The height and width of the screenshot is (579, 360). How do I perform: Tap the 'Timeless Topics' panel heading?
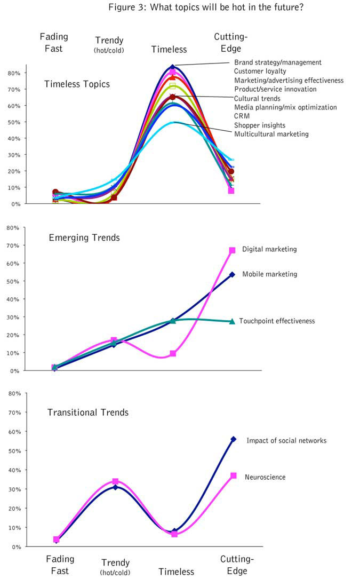pyautogui.click(x=77, y=84)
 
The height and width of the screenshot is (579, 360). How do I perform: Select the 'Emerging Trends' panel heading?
pyautogui.click(x=84, y=237)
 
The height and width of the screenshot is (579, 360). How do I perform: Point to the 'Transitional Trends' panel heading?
pyautogui.click(x=87, y=412)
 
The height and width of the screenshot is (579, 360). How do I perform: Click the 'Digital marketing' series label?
pyautogui.click(x=269, y=249)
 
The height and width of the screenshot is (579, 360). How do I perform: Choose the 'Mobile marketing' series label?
pyautogui.click(x=269, y=274)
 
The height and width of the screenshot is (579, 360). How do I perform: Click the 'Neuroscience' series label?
pyautogui.click(x=265, y=477)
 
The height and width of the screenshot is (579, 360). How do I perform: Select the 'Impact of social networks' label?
pyautogui.click(x=286, y=441)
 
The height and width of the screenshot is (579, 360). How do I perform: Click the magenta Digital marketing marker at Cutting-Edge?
pyautogui.click(x=233, y=250)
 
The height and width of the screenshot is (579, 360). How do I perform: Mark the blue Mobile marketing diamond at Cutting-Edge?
pyautogui.click(x=232, y=274)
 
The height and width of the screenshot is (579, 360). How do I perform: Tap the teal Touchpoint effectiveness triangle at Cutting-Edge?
pyautogui.click(x=232, y=321)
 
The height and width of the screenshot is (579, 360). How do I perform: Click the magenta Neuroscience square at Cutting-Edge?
pyautogui.click(x=233, y=475)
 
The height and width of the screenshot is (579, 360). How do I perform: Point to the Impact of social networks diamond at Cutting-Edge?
pyautogui.click(x=233, y=439)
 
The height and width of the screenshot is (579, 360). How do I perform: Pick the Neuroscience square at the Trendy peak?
pyautogui.click(x=115, y=481)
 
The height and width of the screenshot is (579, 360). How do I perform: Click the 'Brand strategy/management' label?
pyautogui.click(x=278, y=62)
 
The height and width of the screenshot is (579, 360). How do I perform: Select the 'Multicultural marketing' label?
pyautogui.click(x=271, y=134)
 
